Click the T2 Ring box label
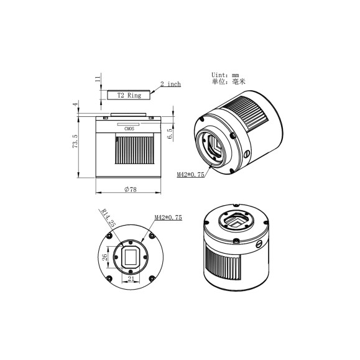click(129, 95)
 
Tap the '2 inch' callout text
click(170, 84)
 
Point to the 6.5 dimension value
click(170, 132)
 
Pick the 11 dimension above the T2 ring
click(97, 79)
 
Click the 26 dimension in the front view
click(106, 256)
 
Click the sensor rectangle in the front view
click(131, 256)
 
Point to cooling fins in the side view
click(130, 152)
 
